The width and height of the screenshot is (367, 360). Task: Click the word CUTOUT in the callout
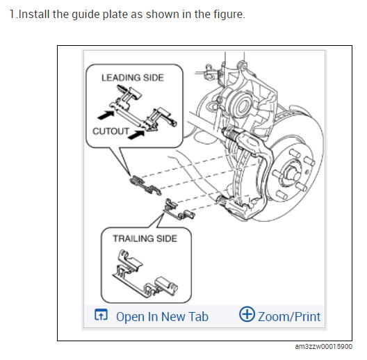tap(111, 131)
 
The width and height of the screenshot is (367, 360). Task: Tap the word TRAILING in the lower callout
tap(133, 239)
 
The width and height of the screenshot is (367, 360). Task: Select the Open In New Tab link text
tap(162, 317)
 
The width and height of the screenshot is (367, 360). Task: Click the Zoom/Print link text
tap(289, 317)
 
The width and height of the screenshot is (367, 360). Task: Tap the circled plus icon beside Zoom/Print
tap(247, 314)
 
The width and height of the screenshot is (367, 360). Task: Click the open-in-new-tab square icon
tap(101, 314)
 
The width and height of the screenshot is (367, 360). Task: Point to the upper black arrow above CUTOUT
tap(106, 115)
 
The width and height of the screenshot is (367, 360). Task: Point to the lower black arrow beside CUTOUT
tap(136, 135)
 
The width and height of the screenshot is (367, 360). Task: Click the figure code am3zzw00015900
tap(324, 346)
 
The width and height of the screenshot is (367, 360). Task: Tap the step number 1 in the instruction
tap(13, 14)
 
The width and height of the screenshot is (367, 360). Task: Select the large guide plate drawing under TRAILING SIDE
tap(145, 274)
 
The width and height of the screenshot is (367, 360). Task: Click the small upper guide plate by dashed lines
tap(145, 185)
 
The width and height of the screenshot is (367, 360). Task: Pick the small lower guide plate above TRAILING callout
tap(179, 209)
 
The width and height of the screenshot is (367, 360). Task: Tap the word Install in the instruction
tap(34, 14)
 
